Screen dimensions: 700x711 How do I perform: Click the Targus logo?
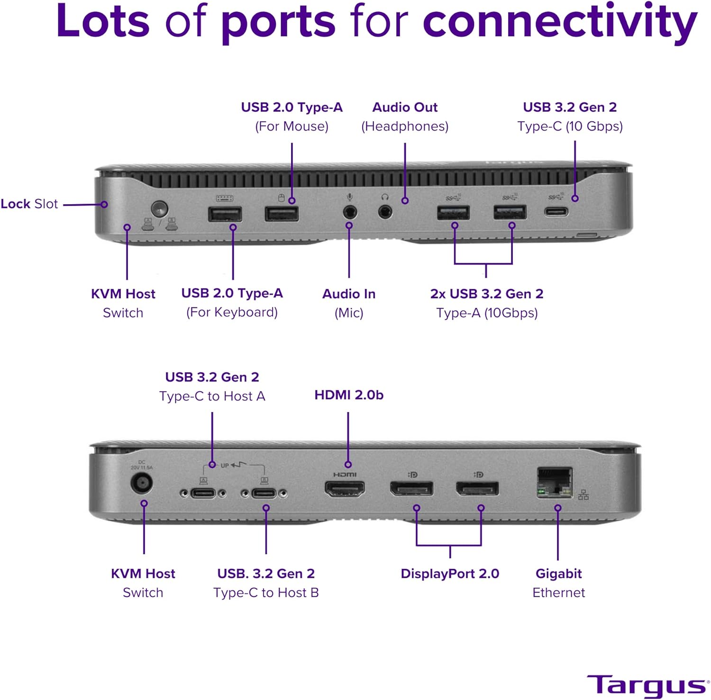point(647,685)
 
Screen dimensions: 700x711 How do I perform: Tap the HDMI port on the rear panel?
point(345,488)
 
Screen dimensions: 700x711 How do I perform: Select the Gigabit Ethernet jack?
point(555,482)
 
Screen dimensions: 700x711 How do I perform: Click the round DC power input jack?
point(141,484)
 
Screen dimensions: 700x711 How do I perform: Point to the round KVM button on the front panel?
point(159,208)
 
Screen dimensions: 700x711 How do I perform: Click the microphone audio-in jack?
point(350,211)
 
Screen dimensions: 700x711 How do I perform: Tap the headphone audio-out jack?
point(385,211)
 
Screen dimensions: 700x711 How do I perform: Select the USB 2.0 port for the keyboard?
point(225,215)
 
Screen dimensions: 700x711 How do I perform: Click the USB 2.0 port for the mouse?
point(282,214)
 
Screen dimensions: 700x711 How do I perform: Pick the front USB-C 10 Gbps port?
point(556,211)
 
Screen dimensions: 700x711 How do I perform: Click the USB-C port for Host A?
point(203,494)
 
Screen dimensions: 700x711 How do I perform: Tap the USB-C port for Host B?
point(264,494)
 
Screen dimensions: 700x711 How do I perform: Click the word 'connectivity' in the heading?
point(560,21)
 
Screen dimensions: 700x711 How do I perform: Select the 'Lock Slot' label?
point(29,204)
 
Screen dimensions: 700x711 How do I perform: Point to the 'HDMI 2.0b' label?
point(349,395)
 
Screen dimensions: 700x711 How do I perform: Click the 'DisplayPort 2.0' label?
point(450,574)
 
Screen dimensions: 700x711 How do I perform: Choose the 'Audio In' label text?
point(349,294)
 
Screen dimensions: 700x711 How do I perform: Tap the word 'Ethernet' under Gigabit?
point(558,592)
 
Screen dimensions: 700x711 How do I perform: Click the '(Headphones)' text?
point(405,126)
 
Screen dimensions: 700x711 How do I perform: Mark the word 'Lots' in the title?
point(103,21)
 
